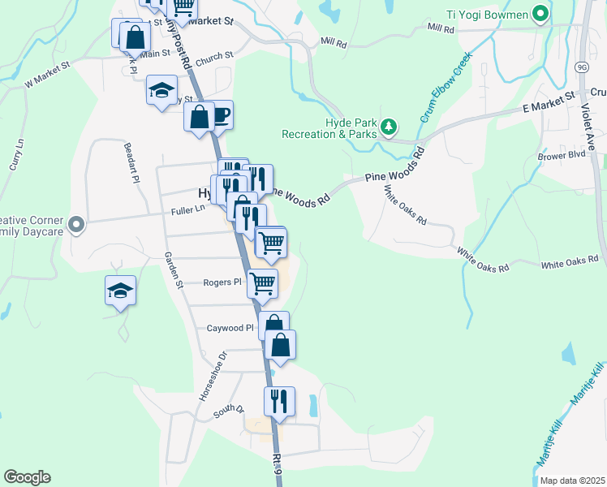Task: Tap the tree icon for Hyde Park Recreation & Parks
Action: (390, 127)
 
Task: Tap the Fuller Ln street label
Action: (187, 211)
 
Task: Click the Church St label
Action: (214, 55)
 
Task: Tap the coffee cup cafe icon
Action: (220, 114)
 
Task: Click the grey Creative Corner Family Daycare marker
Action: (76, 224)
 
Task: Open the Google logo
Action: (27, 477)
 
